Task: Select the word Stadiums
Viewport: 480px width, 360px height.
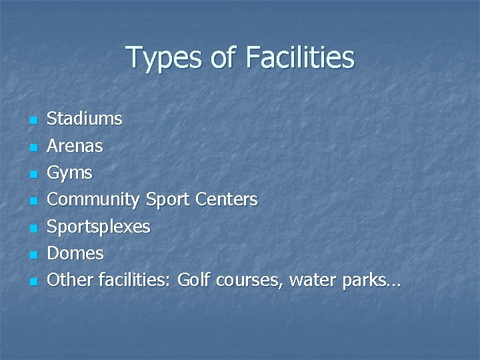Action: click(x=85, y=119)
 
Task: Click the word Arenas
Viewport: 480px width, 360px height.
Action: click(x=75, y=146)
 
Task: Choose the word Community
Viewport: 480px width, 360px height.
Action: click(x=93, y=200)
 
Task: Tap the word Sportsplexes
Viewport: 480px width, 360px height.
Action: click(x=99, y=227)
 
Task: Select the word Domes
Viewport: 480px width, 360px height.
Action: click(x=75, y=253)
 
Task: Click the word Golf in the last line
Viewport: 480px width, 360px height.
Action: click(x=193, y=280)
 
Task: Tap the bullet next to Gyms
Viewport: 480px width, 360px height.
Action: click(x=32, y=175)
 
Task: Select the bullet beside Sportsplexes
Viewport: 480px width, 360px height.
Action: click(x=32, y=228)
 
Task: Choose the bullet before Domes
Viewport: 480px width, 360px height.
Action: click(x=32, y=255)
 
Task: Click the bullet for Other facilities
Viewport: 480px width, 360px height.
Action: click(x=32, y=281)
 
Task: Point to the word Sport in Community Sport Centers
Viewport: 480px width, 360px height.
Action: click(x=167, y=200)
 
